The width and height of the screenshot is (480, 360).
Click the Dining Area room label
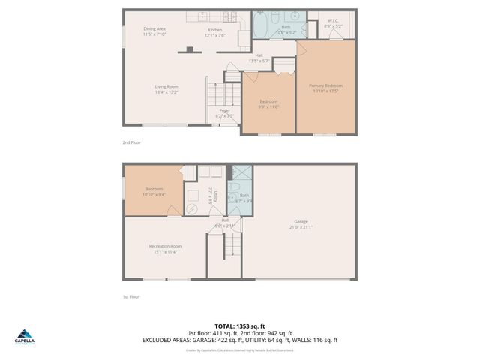tap(154, 29)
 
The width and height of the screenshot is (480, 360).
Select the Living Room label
tap(166, 86)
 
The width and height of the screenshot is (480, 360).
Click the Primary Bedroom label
tap(326, 85)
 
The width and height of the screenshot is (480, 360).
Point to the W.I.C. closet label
tap(333, 21)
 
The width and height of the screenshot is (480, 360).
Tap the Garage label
tap(301, 221)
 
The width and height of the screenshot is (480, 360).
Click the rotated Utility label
tap(215, 196)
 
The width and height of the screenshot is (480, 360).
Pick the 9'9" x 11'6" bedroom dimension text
tap(269, 106)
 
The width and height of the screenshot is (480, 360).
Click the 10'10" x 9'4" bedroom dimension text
tap(154, 194)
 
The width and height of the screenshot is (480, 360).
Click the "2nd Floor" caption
tap(131, 142)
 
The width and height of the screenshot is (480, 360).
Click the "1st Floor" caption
tap(131, 297)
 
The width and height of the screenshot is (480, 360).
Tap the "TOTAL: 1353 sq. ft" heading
tap(239, 326)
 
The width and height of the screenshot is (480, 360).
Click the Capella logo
tap(24, 336)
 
